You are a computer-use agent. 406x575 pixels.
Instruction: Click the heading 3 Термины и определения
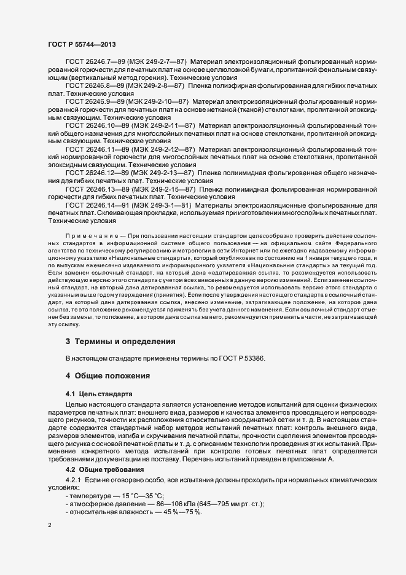(x=120, y=340)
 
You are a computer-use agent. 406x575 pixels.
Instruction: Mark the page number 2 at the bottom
(x=50, y=526)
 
